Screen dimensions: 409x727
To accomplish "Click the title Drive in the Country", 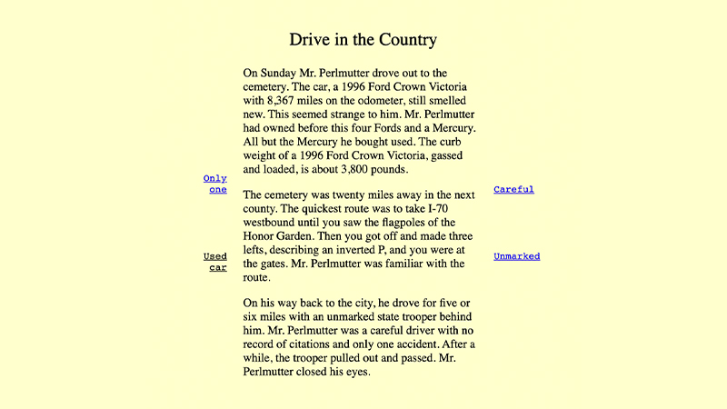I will tap(363, 40).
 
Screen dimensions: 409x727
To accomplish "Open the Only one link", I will tap(215, 185).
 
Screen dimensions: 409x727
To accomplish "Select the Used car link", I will tap(215, 262).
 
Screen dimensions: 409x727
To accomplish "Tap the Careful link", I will tap(513, 190).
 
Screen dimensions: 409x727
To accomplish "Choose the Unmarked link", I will tap(516, 256).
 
